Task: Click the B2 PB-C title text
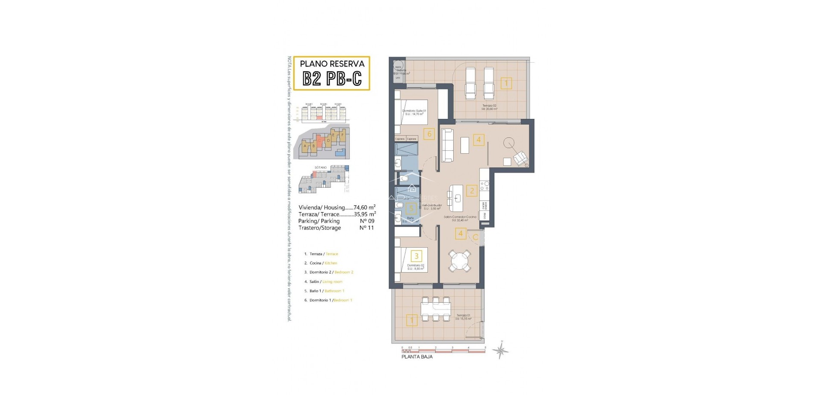[332, 79]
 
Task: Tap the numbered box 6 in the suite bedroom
[429, 134]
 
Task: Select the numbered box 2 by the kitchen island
[472, 191]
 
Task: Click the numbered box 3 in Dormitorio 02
[416, 256]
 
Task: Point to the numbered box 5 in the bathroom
[411, 209]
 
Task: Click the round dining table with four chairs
[459, 260]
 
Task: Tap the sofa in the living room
[447, 146]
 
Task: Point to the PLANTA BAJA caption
[417, 357]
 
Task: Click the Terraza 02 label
[489, 106]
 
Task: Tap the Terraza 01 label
[463, 316]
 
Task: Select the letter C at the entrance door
[476, 237]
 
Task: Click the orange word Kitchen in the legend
[330, 263]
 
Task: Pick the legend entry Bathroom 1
[334, 291]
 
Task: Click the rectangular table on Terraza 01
[436, 308]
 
